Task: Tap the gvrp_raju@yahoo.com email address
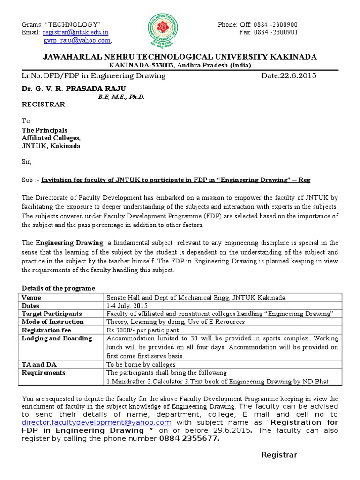[77, 41]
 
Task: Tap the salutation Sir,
[27, 162]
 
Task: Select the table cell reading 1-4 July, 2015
[124, 305]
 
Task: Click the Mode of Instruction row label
[52, 322]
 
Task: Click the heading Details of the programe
[59, 288]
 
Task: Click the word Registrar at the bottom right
[279, 455]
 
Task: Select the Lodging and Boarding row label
[57, 338]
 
